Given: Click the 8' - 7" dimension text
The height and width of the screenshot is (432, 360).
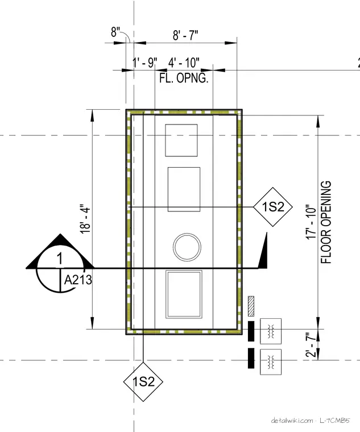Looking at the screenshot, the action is click(185, 35).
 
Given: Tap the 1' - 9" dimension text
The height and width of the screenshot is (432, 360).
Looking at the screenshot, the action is click(144, 63).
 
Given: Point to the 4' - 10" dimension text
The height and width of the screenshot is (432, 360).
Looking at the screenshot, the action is click(184, 63).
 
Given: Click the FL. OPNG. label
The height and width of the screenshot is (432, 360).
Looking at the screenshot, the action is click(184, 78).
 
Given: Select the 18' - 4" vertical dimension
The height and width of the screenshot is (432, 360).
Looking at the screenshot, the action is click(85, 219).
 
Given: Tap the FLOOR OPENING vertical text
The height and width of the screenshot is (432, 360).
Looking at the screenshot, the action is click(326, 222).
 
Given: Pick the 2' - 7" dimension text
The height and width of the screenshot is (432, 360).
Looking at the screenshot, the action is click(311, 345).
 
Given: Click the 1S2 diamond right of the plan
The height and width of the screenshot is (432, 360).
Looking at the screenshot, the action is click(272, 207).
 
